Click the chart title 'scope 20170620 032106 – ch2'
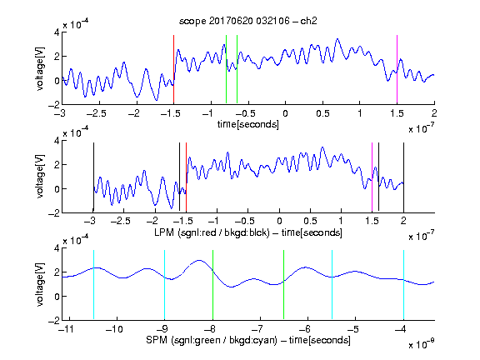click(x=248, y=21)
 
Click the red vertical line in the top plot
click(x=173, y=69)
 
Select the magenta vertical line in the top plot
click(x=397, y=69)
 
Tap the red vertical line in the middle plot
click(x=186, y=177)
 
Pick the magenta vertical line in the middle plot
click(x=372, y=177)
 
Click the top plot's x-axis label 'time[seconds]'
click(x=248, y=124)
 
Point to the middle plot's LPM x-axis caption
click(x=248, y=232)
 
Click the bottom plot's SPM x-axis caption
click(x=248, y=340)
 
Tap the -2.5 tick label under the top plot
click(x=96, y=113)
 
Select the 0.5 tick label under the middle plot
click(x=310, y=221)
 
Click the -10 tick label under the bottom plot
click(x=114, y=329)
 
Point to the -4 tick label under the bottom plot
click(x=401, y=329)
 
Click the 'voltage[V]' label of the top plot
click(x=40, y=69)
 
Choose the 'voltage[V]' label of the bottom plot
click(x=40, y=284)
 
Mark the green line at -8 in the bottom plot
click(x=212, y=285)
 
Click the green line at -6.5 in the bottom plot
click(x=284, y=285)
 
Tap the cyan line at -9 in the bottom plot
click(x=164, y=285)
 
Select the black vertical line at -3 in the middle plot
click(x=93, y=177)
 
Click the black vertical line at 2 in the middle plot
click(x=403, y=177)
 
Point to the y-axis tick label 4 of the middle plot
click(x=57, y=141)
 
